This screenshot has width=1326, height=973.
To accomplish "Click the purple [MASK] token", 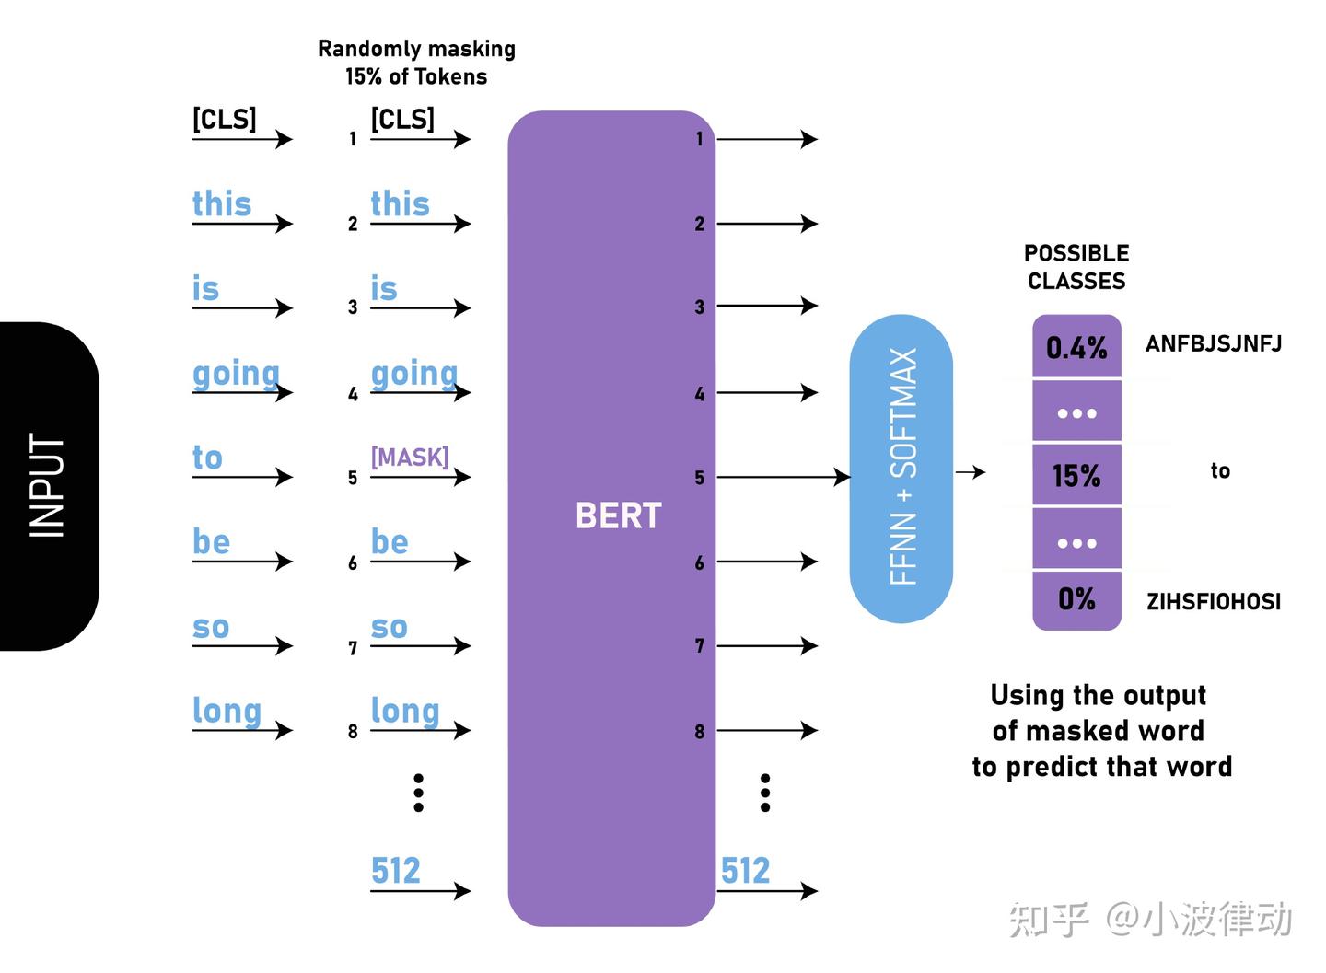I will click(x=410, y=457).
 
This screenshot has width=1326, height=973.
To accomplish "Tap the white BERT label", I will click(x=618, y=515).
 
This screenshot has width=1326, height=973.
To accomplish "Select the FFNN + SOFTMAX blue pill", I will click(x=901, y=468).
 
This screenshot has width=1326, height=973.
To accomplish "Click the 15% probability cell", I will click(x=1076, y=476).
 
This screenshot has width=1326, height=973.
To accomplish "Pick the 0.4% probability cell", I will click(x=1076, y=348).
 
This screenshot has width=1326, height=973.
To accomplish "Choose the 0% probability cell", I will click(x=1076, y=600).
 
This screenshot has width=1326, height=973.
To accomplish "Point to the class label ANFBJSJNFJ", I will click(x=1213, y=344).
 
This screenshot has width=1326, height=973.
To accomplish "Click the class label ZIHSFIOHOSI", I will click(x=1213, y=602).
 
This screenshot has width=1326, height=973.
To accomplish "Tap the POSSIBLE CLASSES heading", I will click(x=1076, y=267).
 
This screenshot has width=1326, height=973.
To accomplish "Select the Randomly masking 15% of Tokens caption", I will click(x=416, y=63).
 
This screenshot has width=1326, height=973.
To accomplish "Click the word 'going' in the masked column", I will click(x=413, y=374).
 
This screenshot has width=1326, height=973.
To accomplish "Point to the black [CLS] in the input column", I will click(x=224, y=120).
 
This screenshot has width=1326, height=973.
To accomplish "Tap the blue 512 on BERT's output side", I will click(x=744, y=871).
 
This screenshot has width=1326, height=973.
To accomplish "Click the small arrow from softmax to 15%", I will click(x=970, y=472).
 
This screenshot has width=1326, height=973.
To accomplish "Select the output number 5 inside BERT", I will click(x=700, y=478).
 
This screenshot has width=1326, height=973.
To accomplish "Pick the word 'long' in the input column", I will click(x=227, y=711).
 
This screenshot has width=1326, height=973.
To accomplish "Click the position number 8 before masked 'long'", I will click(x=353, y=732).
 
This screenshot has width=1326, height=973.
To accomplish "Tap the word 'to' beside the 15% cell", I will click(x=1220, y=471).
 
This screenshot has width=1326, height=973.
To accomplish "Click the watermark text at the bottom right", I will click(x=1150, y=919).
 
